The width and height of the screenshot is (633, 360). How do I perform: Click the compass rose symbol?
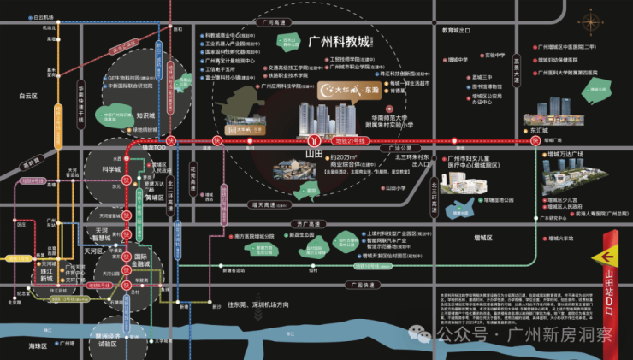pyautogui.click(x=591, y=21)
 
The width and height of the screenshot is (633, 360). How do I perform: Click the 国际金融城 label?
pyautogui.click(x=137, y=260)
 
